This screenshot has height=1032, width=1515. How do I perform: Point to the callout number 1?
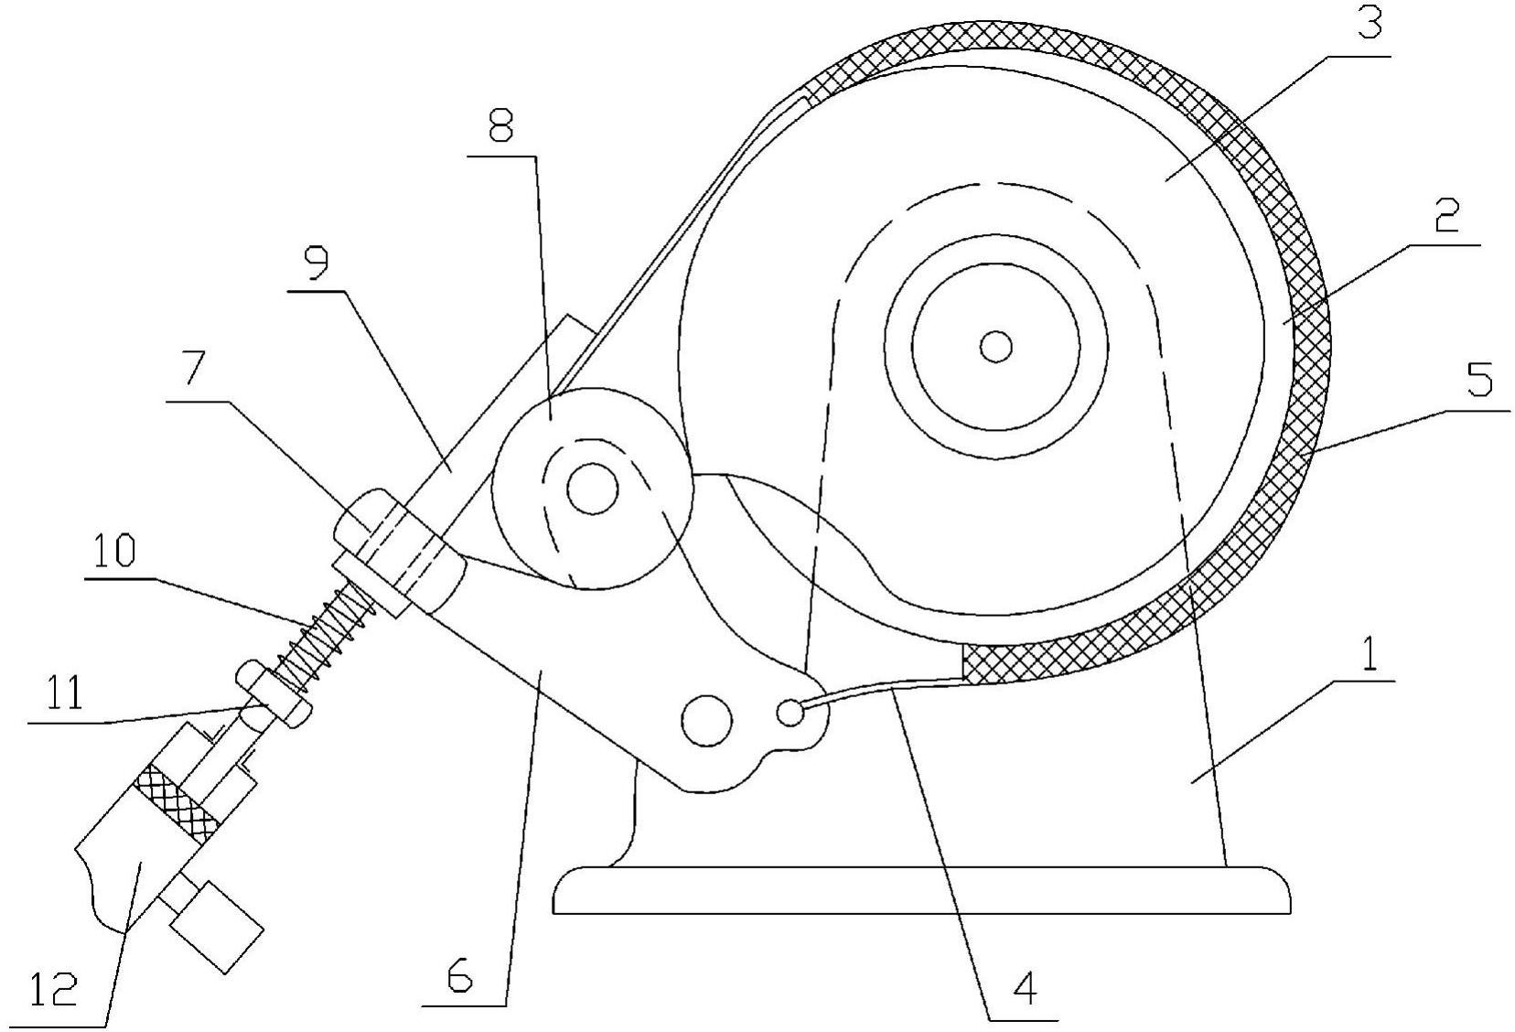1369,652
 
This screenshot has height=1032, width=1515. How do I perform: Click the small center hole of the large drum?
995,347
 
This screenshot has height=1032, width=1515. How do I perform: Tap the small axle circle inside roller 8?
593,489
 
